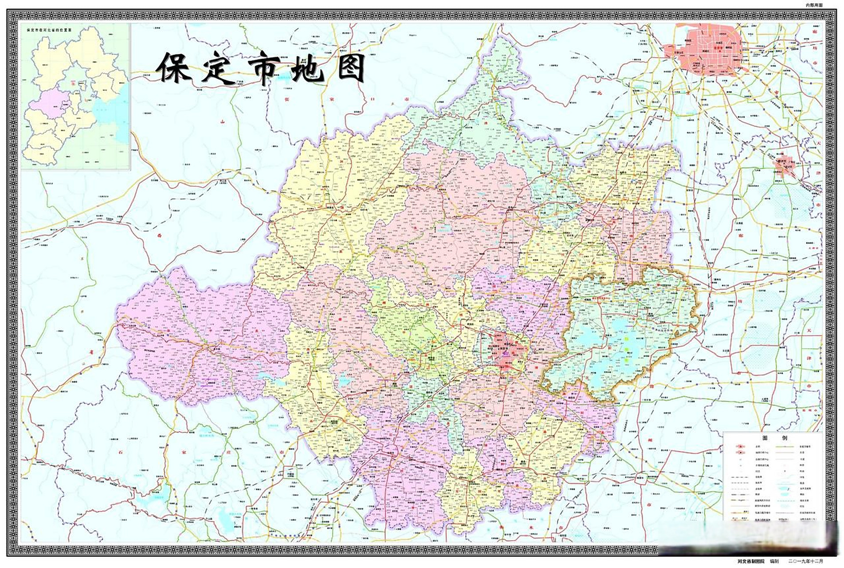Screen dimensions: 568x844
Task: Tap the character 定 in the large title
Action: [x=219, y=68]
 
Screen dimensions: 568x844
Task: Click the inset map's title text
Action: [x=49, y=30]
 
